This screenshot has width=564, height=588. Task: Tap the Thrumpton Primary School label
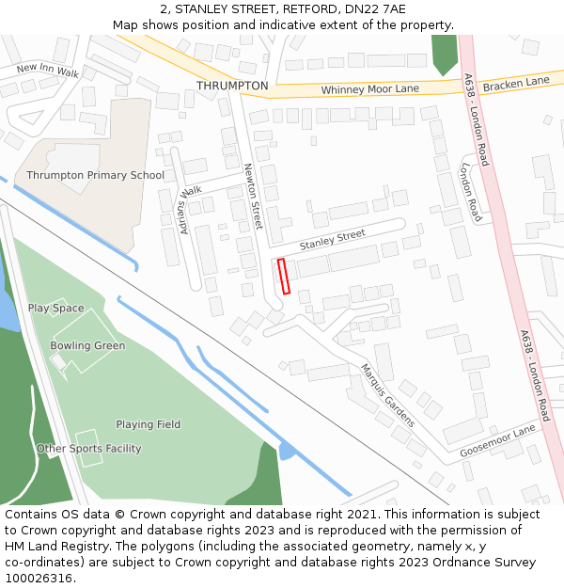point(95,175)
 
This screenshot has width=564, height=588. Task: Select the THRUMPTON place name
point(232,86)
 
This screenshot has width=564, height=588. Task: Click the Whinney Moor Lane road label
point(369,89)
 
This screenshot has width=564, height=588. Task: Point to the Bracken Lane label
point(515,83)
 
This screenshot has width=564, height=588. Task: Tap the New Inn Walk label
point(48,70)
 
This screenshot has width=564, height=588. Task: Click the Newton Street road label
point(252,197)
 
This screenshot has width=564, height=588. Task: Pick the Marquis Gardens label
point(387,395)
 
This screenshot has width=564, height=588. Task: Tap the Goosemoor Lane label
point(497,440)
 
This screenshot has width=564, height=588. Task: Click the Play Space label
point(55,309)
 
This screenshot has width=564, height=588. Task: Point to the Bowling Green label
point(87,345)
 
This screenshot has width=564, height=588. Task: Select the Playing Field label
point(148,424)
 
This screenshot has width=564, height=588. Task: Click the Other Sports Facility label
point(88,449)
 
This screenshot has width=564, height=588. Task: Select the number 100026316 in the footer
point(38,579)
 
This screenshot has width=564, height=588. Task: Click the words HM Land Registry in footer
point(51,547)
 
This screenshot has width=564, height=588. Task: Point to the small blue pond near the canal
point(287,451)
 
